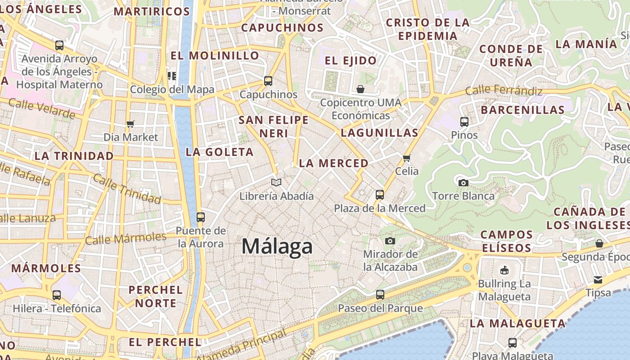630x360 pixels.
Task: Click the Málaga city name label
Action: pyautogui.click(x=277, y=247)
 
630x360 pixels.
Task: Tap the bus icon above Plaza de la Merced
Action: pyautogui.click(x=380, y=195)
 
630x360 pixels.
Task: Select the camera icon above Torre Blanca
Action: pyautogui.click(x=463, y=183)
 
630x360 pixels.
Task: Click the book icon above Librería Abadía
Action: pyautogui.click(x=276, y=182)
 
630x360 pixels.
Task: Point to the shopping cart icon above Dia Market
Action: pyautogui.click(x=130, y=124)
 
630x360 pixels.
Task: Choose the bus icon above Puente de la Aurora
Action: pyautogui.click(x=201, y=217)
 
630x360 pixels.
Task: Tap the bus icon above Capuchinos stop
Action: pyautogui.click(x=268, y=81)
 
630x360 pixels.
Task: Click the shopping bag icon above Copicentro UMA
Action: pyautogui.click(x=360, y=89)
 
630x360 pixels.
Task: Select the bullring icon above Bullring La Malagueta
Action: pyautogui.click(x=504, y=270)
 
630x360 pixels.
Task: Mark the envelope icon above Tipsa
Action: pyautogui.click(x=598, y=280)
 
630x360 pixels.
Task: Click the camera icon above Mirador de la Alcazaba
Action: pyautogui.click(x=390, y=241)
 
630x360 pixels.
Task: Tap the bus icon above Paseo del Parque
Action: pyautogui.click(x=380, y=295)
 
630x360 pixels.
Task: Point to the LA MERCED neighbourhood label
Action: pyautogui.click(x=333, y=163)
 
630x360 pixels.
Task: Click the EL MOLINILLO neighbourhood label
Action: pyautogui.click(x=215, y=56)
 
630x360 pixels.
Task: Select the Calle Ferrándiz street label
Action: pyautogui.click(x=504, y=90)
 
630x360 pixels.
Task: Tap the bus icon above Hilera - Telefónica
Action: pyautogui.click(x=57, y=295)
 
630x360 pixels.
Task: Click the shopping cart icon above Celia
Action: pyautogui.click(x=407, y=158)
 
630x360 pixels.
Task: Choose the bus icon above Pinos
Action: pyautogui.click(x=464, y=121)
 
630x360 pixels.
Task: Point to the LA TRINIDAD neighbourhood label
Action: pyautogui.click(x=74, y=156)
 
